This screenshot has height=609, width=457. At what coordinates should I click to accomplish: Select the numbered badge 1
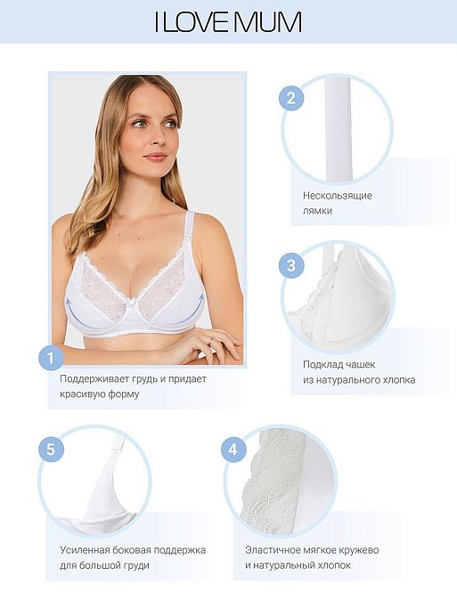click(x=51, y=357)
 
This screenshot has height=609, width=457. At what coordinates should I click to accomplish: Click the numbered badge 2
click(x=291, y=98)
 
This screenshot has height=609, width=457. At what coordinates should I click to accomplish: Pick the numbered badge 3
click(x=291, y=266)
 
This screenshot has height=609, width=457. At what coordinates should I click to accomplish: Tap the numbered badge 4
click(x=233, y=450)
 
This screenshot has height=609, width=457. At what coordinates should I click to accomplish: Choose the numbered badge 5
click(x=51, y=450)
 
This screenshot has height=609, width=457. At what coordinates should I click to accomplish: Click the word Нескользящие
click(x=338, y=195)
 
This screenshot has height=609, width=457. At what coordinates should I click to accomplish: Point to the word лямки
click(x=317, y=211)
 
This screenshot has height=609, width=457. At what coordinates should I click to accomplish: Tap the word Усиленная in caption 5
click(x=86, y=550)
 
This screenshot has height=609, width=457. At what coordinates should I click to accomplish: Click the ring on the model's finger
click(x=210, y=339)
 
